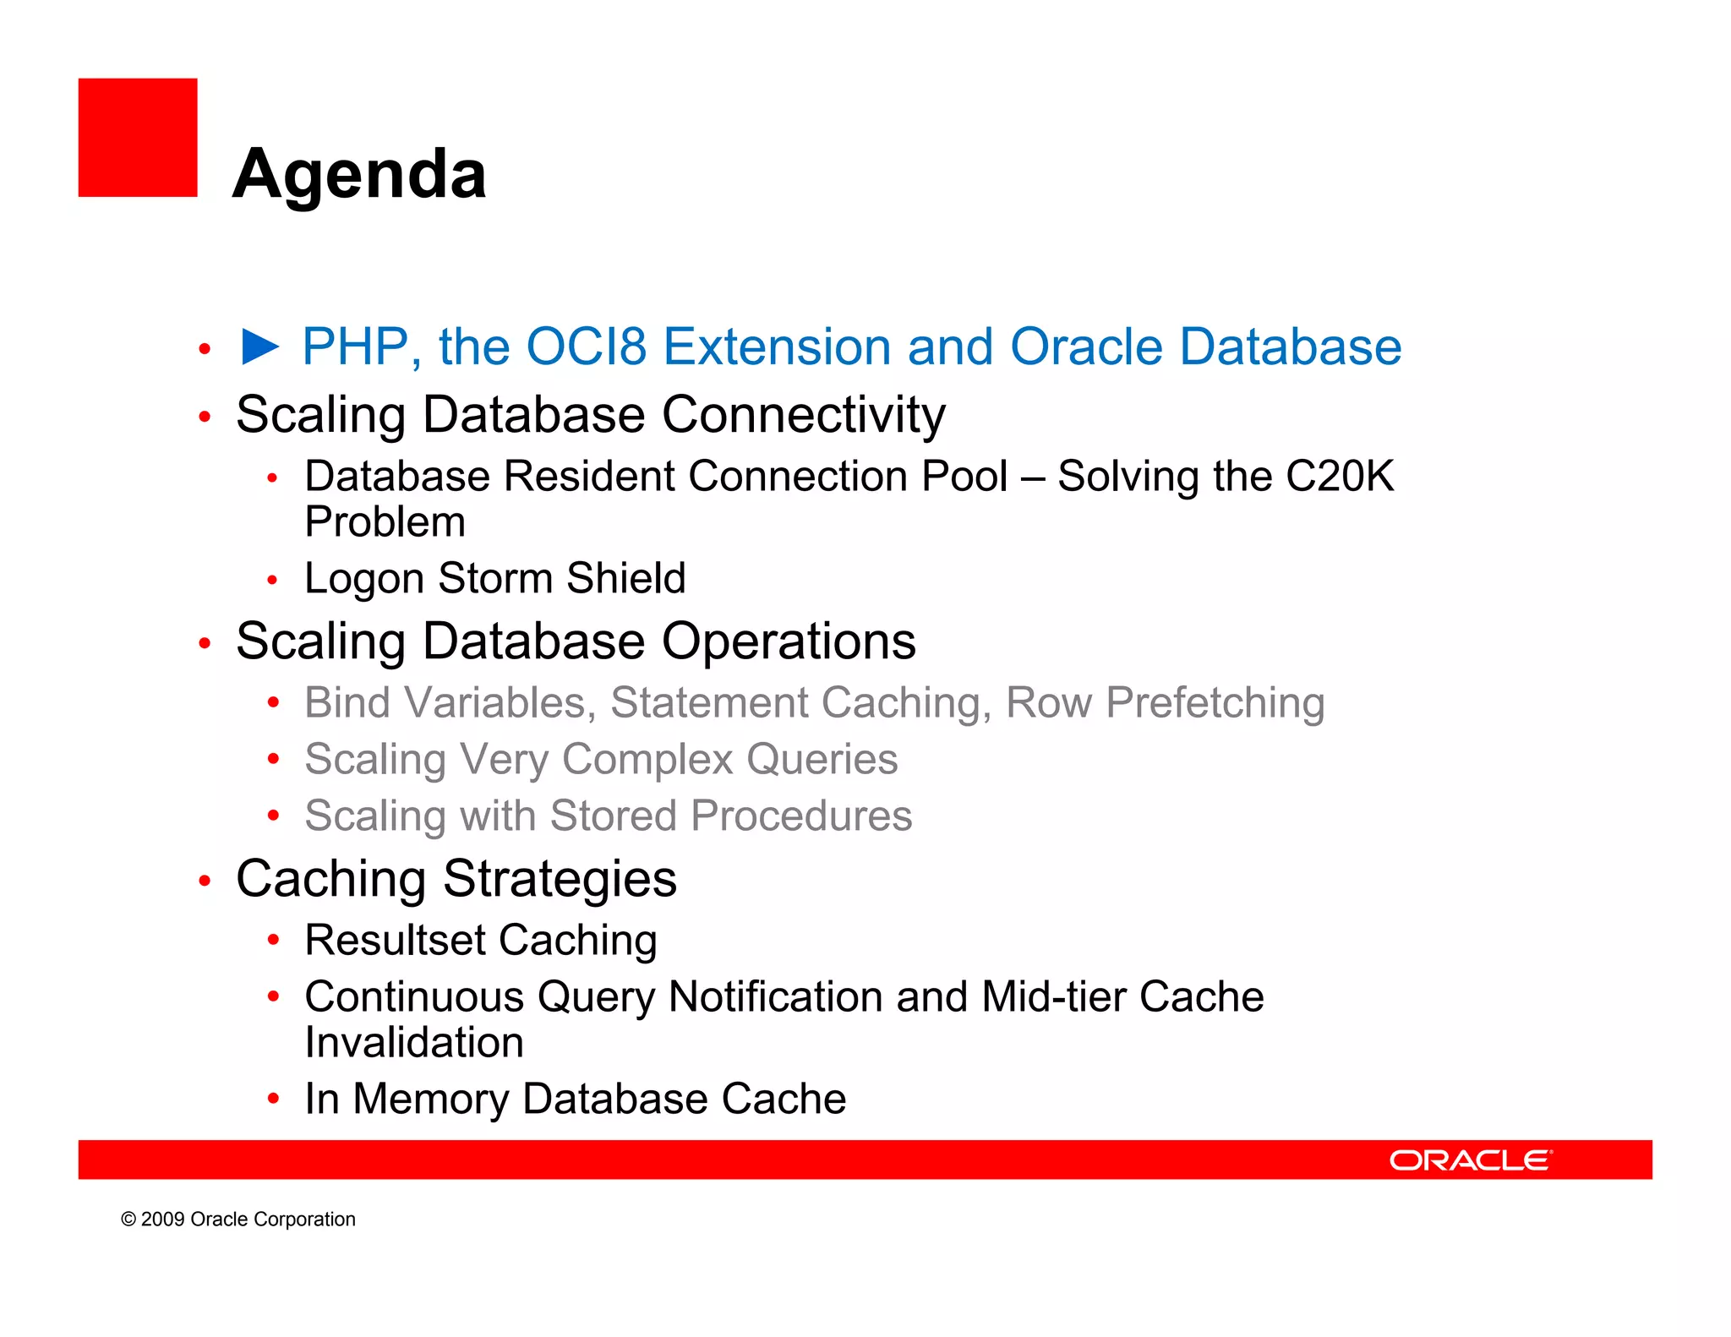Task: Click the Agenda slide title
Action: [x=359, y=174]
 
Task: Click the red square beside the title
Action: [x=138, y=138]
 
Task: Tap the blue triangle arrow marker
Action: [x=259, y=347]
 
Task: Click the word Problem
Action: [x=385, y=522]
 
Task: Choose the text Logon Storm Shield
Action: [x=494, y=579]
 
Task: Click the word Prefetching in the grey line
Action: [x=1215, y=703]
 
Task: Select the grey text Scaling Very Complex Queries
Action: [x=600, y=759]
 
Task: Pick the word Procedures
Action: [x=800, y=816]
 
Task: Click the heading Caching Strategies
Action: [x=456, y=879]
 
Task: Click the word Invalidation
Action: [x=414, y=1043]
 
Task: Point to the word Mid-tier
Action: [x=1053, y=997]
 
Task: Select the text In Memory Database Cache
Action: [x=575, y=1100]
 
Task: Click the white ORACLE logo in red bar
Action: [x=1471, y=1160]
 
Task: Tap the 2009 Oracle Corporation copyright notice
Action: [x=238, y=1220]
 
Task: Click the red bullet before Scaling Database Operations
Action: [x=205, y=644]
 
